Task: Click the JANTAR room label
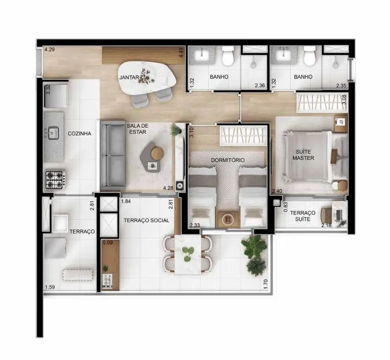point(129,78)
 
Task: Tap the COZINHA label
point(79,133)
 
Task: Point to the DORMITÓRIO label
point(228,160)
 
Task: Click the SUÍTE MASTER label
point(304,154)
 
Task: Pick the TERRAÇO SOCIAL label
point(146,220)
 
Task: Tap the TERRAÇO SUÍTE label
point(302,216)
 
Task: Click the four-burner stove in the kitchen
point(55,178)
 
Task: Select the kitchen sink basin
point(53,133)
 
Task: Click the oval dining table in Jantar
point(148,76)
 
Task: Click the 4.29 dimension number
point(49,50)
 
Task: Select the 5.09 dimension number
point(107,242)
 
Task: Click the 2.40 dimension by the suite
point(277,192)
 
